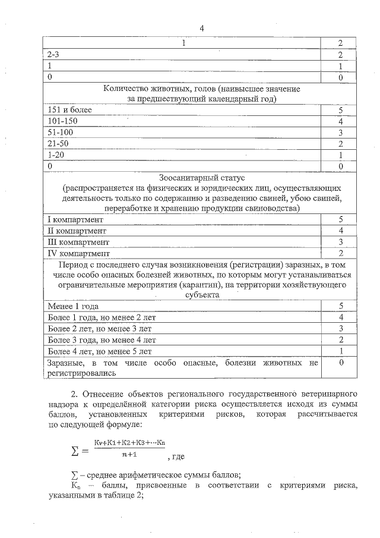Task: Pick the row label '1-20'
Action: pyautogui.click(x=56, y=154)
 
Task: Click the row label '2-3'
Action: pyautogui.click(x=53, y=54)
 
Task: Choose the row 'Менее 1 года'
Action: pyautogui.click(x=73, y=306)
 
